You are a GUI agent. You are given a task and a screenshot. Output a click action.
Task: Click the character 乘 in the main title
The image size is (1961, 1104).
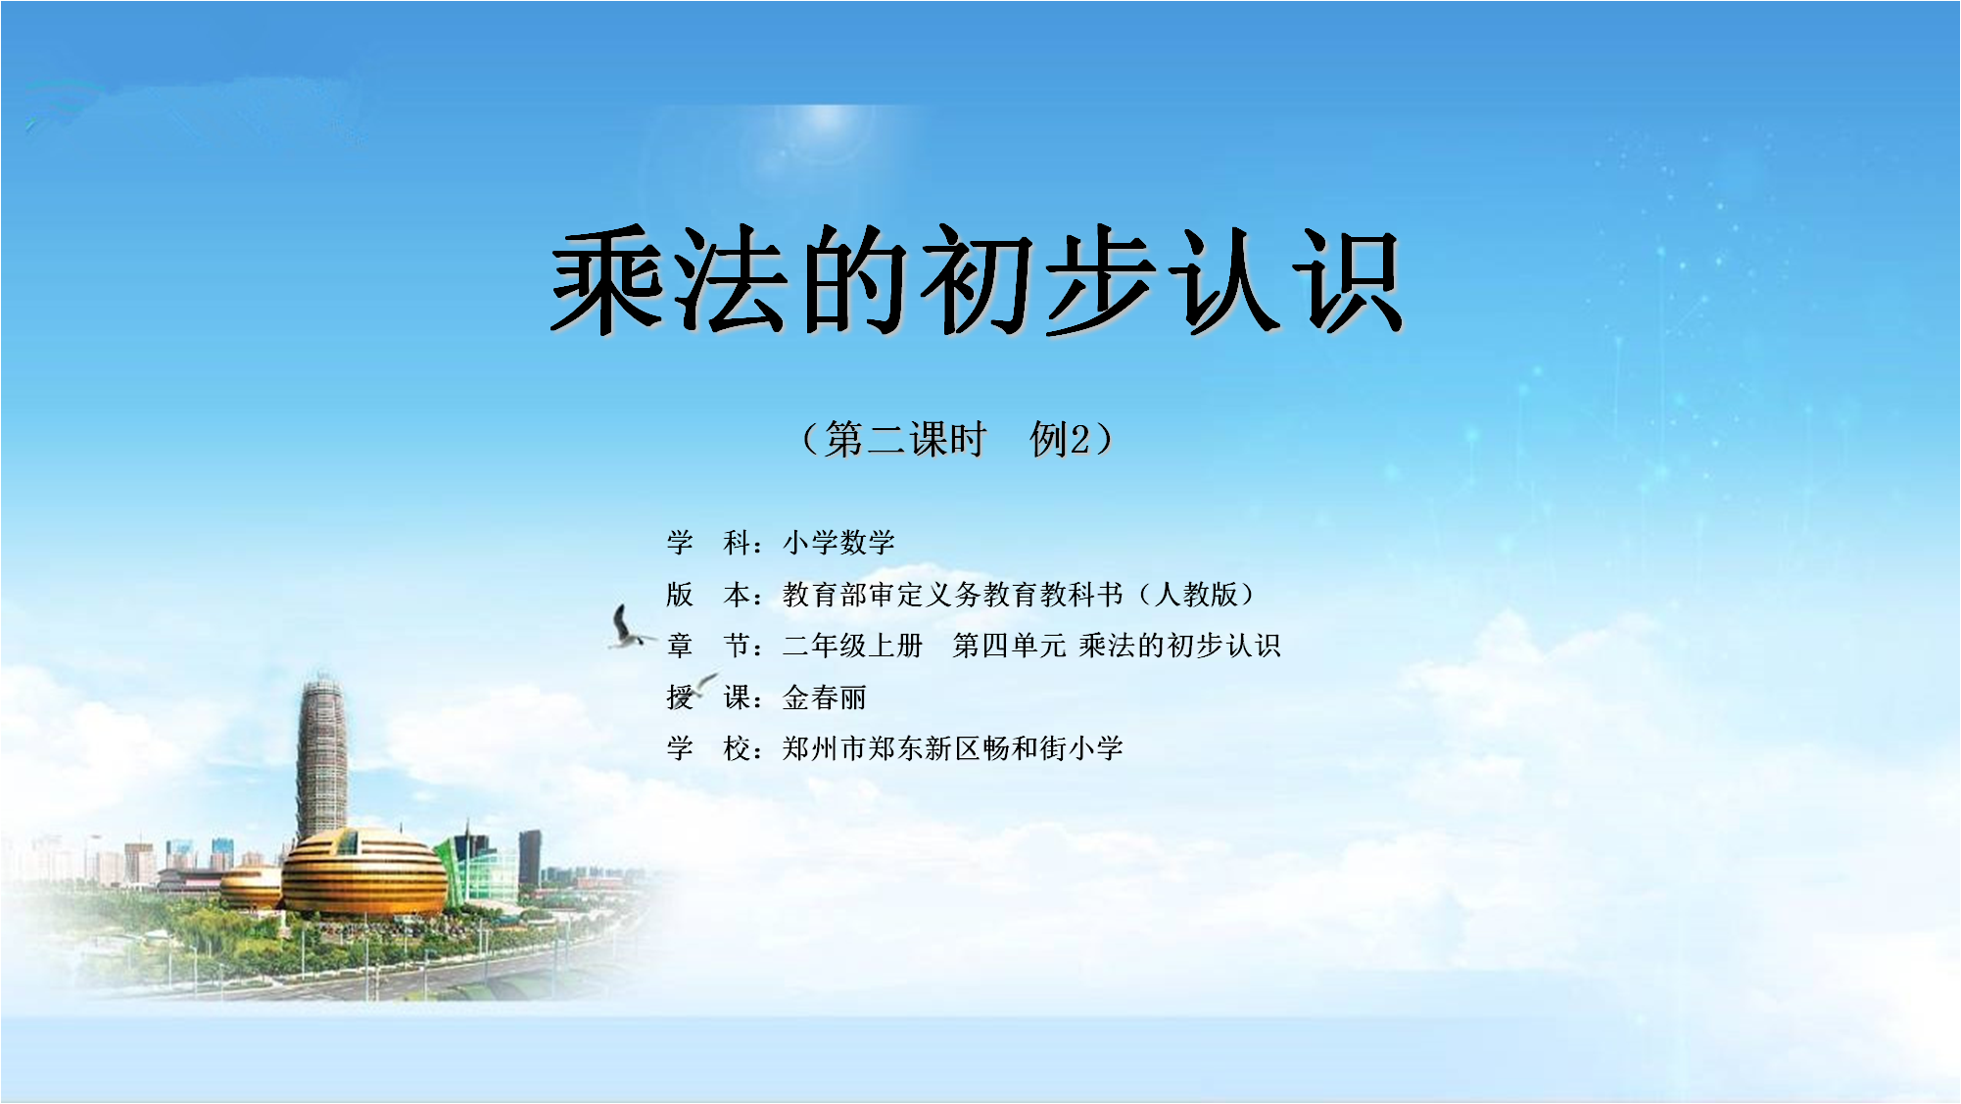click(x=609, y=280)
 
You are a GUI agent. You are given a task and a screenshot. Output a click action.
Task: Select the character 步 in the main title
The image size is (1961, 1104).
click(x=1103, y=280)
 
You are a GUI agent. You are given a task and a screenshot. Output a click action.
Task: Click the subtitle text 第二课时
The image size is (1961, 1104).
click(x=905, y=439)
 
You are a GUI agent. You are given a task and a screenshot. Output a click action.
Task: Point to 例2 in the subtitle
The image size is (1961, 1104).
click(x=1059, y=439)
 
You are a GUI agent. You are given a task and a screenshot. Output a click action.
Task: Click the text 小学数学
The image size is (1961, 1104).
click(x=839, y=542)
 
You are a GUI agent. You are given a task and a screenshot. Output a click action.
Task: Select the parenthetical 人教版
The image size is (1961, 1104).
click(x=1196, y=594)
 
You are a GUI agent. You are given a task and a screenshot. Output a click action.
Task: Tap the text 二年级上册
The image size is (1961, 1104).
click(x=853, y=646)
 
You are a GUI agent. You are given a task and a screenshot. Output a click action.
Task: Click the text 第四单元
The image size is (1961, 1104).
click(x=1009, y=646)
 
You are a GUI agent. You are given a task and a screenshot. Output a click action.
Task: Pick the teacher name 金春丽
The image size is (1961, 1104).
click(x=825, y=697)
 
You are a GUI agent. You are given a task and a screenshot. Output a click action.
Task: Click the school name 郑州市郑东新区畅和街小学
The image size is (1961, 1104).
click(x=953, y=748)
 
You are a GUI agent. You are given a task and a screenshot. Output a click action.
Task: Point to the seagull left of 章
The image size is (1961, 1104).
click(x=628, y=628)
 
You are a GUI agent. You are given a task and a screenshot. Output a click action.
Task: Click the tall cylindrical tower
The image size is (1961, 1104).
click(x=321, y=759)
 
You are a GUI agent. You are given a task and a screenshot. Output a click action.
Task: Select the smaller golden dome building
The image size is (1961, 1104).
click(x=252, y=887)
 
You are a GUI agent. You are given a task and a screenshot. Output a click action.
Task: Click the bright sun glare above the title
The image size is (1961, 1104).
click(x=825, y=121)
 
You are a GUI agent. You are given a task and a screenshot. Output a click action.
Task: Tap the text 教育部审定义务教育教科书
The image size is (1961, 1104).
click(x=953, y=594)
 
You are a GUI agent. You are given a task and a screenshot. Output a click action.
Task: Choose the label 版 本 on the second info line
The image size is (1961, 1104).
click(x=708, y=594)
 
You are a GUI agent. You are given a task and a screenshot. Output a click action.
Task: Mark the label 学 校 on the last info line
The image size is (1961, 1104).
click(x=708, y=748)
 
